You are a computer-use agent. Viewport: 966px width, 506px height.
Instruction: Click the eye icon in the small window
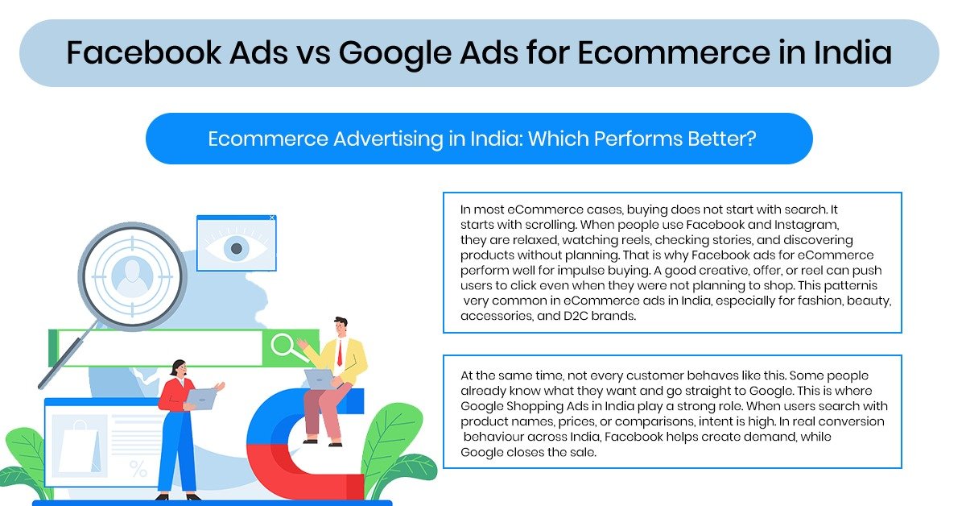tap(237, 248)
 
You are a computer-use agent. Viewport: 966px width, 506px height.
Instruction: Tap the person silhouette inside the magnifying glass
tap(130, 275)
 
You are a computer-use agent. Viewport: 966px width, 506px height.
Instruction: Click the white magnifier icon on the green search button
tap(285, 347)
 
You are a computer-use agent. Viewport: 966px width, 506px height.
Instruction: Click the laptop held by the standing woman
tap(200, 397)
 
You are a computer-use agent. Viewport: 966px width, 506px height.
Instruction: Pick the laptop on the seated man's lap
tap(319, 378)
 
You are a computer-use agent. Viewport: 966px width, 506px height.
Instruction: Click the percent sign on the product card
tap(138, 468)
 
